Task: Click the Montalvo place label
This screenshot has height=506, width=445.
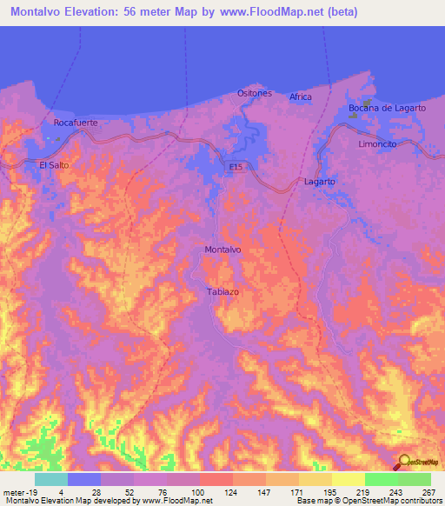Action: (x=222, y=250)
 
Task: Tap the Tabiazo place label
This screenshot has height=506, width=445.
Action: (x=222, y=291)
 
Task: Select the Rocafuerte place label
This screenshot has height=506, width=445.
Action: (x=75, y=123)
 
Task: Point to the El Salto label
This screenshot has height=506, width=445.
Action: (x=54, y=163)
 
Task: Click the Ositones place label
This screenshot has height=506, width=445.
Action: (x=255, y=93)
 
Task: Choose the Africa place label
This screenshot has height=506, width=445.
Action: (x=300, y=97)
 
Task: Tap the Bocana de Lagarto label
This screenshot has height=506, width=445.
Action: (x=387, y=108)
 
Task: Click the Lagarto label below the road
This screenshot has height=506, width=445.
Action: (x=320, y=181)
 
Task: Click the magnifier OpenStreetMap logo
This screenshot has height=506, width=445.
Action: (x=404, y=463)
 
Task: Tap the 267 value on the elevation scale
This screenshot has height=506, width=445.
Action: (x=428, y=491)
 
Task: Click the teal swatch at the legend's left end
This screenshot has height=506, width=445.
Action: (x=51, y=479)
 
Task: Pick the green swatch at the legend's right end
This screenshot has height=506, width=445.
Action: (x=415, y=479)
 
